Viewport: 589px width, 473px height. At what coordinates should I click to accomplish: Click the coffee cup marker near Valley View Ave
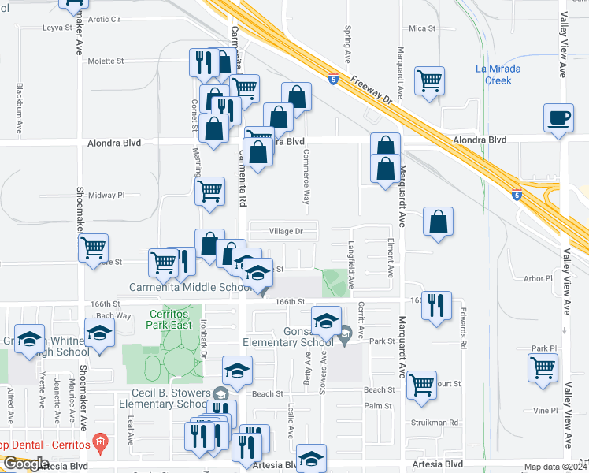tap(558, 119)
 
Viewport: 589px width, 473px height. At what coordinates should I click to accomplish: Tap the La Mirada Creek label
tap(498, 74)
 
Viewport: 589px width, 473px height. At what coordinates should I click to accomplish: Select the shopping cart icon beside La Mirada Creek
tap(430, 80)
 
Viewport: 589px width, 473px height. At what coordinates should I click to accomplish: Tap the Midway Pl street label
tap(106, 195)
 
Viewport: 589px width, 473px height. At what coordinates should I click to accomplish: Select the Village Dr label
tap(286, 232)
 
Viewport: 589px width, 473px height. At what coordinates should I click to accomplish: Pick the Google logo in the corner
tap(26, 464)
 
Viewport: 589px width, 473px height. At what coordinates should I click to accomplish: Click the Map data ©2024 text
tap(555, 467)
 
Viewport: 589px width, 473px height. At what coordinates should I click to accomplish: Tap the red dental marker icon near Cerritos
tap(99, 442)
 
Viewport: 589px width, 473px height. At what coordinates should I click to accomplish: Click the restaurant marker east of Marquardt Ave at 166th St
tap(436, 305)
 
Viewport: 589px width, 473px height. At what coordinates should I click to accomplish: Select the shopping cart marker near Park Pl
tap(543, 367)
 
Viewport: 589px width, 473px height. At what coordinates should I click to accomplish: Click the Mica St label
tap(422, 28)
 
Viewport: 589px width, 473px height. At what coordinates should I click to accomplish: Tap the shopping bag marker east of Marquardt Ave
tap(439, 222)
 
